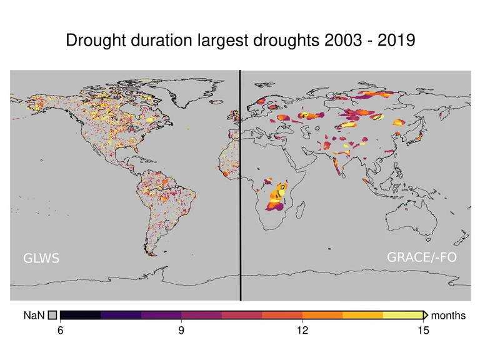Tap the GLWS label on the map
(x=41, y=257)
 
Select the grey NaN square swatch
(x=52, y=316)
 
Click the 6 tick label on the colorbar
(x=61, y=331)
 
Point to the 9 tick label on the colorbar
(x=181, y=331)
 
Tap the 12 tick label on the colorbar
(x=302, y=331)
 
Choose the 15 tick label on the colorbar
(x=423, y=331)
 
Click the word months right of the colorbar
(x=448, y=316)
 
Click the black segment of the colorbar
(x=80, y=315)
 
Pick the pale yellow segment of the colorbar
(x=403, y=315)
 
